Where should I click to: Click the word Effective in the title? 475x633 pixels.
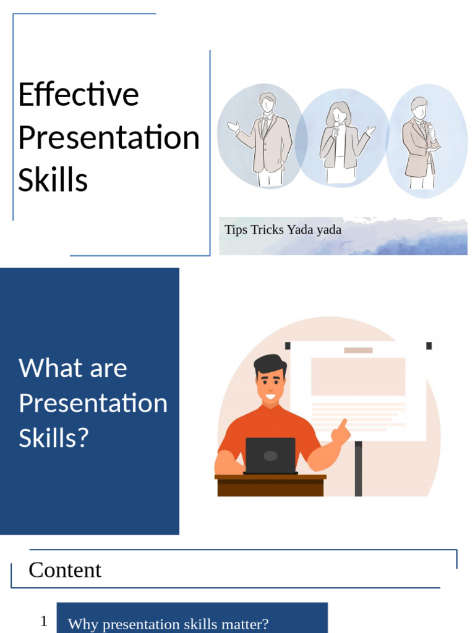tap(79, 95)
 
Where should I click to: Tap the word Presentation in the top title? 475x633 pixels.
tap(109, 137)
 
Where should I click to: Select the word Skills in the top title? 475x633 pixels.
tap(53, 180)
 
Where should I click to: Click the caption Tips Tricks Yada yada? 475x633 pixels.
tap(283, 229)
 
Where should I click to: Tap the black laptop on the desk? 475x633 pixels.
tap(270, 456)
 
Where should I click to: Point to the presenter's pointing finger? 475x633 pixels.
tap(342, 427)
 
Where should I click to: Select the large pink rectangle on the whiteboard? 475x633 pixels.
tap(358, 376)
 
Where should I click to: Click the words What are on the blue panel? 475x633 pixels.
tap(73, 368)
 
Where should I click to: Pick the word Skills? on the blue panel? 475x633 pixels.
tap(54, 438)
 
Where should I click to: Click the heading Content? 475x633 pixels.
tap(65, 569)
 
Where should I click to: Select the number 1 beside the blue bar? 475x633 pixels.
tap(44, 621)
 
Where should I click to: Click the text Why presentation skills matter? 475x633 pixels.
tap(168, 624)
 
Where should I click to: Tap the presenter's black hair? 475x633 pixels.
tap(270, 362)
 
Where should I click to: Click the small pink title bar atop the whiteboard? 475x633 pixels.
tap(358, 350)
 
